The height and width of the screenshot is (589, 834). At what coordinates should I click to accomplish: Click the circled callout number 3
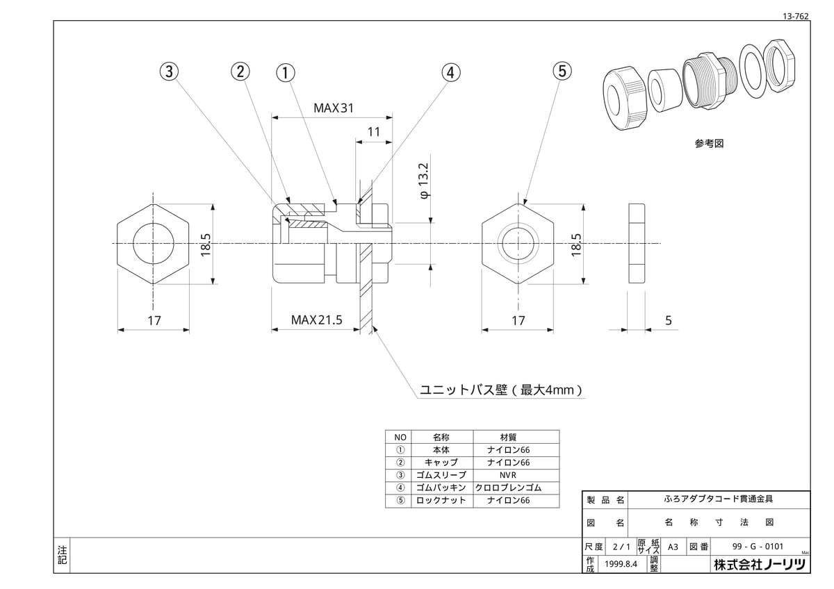[x=170, y=71]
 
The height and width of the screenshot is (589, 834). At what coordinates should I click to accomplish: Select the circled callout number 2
[x=240, y=71]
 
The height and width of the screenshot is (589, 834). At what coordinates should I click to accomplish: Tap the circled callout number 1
[x=286, y=72]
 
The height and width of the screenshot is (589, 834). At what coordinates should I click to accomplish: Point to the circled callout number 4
[x=451, y=72]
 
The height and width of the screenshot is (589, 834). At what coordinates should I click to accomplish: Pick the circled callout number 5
[x=562, y=71]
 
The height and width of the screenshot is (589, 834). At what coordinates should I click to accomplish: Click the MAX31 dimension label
[x=333, y=108]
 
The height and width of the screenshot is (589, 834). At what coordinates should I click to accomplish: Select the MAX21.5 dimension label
[x=316, y=320]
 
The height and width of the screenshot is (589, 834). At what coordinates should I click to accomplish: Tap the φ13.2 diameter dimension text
[x=425, y=181]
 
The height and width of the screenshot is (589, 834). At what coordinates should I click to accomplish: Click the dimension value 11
[x=374, y=132]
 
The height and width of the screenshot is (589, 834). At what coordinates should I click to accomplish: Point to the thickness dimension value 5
[x=669, y=320]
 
